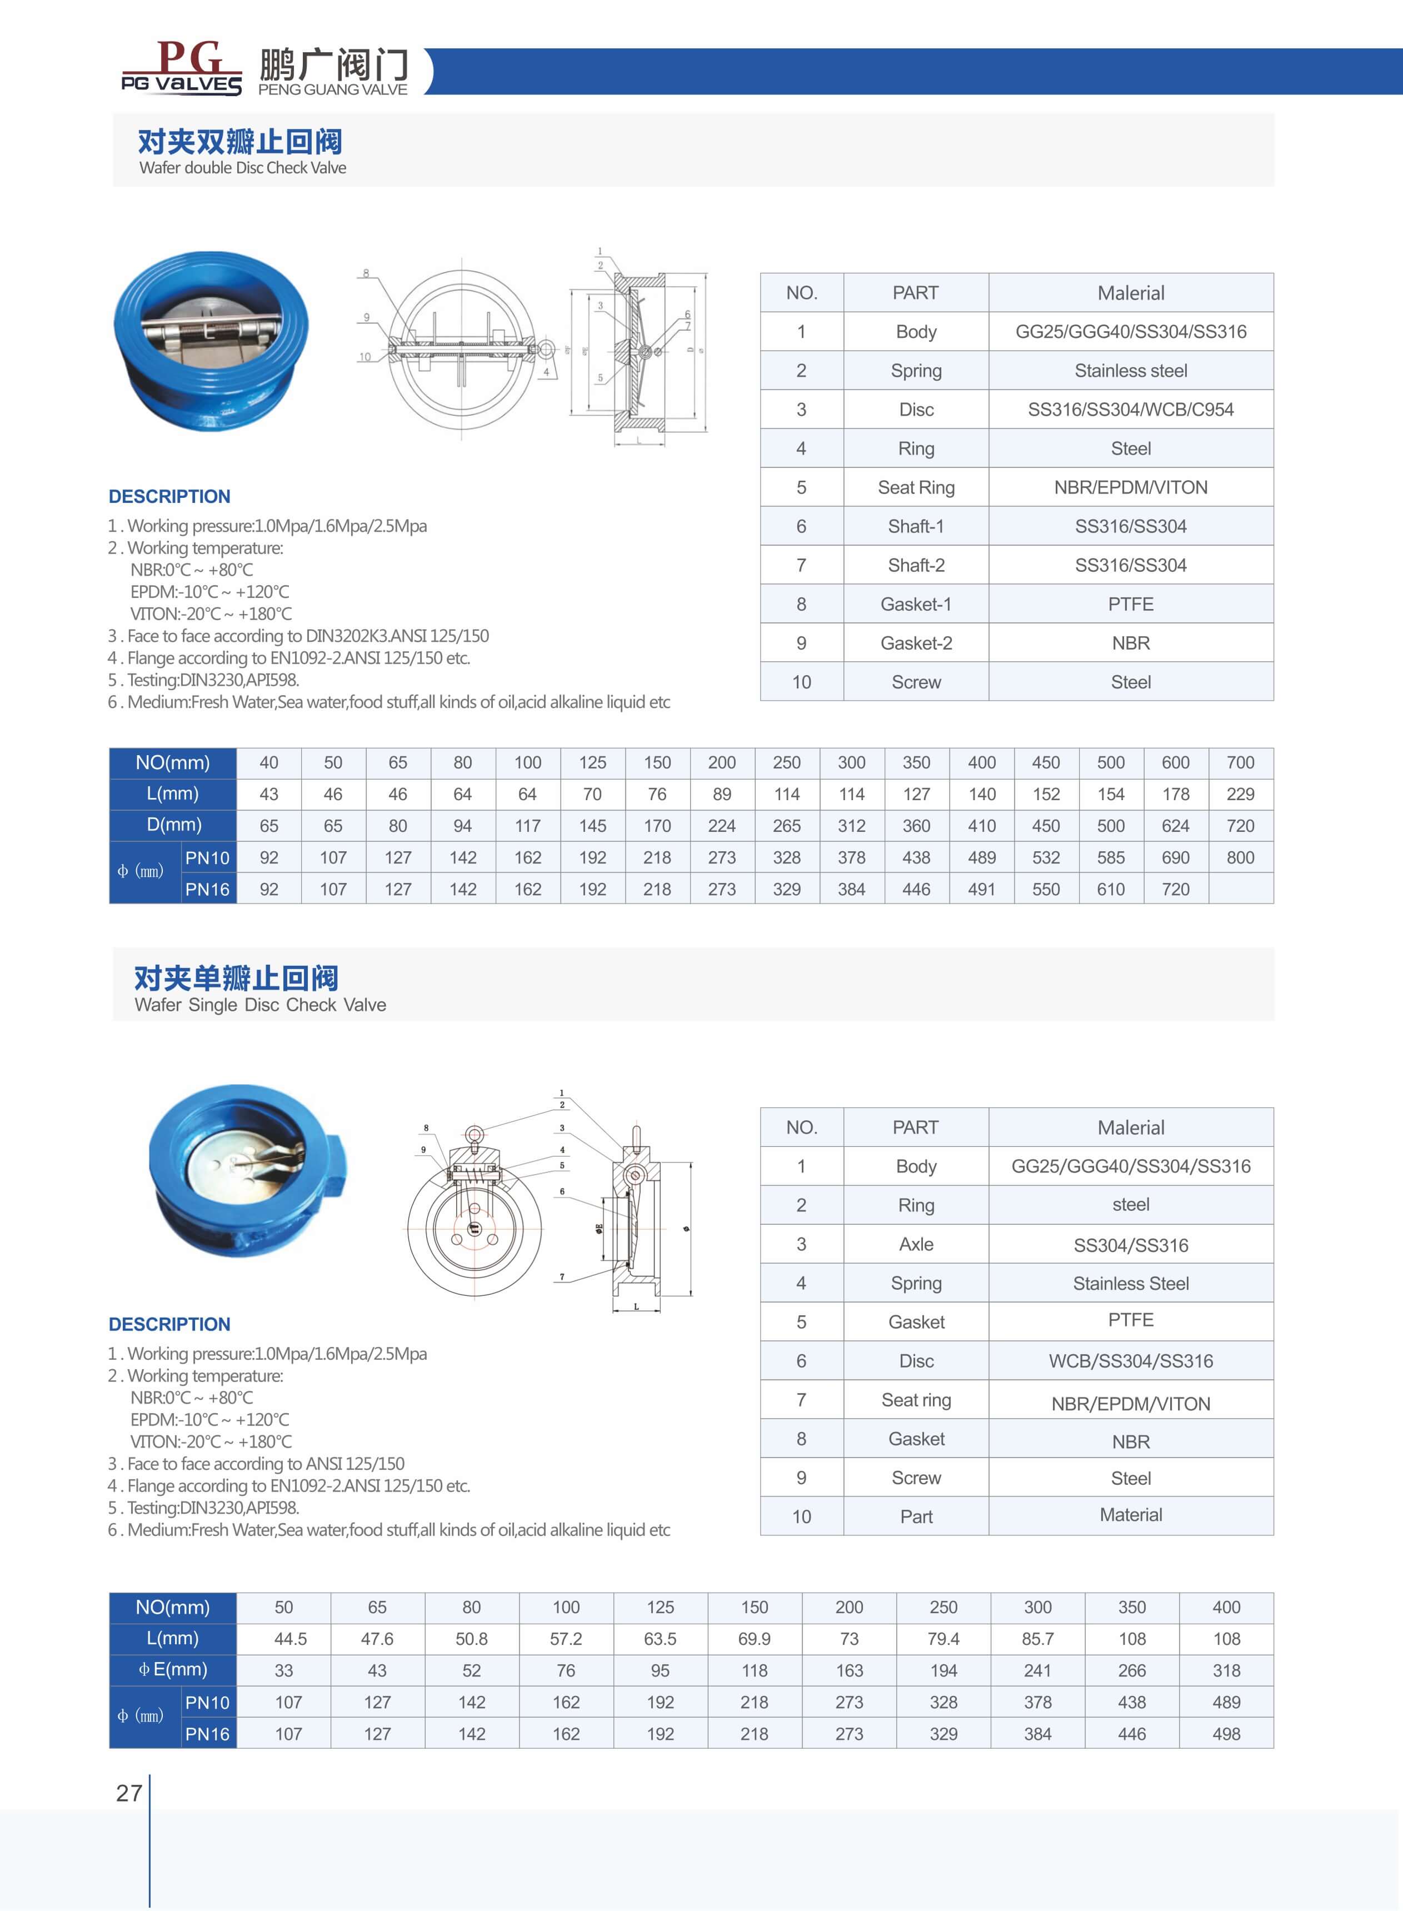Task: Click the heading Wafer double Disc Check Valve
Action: click(242, 167)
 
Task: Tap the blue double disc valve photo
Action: click(211, 340)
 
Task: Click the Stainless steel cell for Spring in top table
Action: click(1130, 370)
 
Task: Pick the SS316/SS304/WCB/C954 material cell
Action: click(1130, 410)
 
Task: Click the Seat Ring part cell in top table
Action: click(916, 487)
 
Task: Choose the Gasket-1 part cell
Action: click(916, 604)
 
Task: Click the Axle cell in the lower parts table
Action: click(916, 1244)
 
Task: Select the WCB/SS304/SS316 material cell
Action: click(1130, 1361)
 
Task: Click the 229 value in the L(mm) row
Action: click(1240, 794)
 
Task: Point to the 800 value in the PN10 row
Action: click(1240, 858)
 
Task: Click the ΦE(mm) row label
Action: click(173, 1670)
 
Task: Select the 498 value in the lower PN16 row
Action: click(1226, 1734)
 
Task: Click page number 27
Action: click(129, 1793)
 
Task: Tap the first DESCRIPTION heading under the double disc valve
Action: click(170, 497)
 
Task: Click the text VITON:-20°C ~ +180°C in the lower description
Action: click(211, 1441)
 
